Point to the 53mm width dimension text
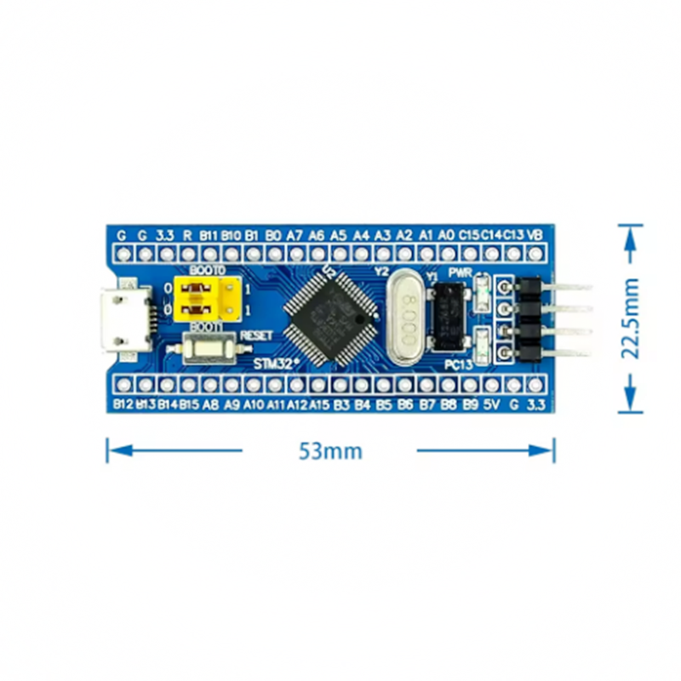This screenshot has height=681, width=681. (x=330, y=451)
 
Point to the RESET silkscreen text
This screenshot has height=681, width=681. (x=256, y=335)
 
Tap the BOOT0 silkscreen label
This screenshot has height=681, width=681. (x=208, y=270)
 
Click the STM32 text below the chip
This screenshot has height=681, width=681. (x=276, y=363)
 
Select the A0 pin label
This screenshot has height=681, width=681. (x=446, y=234)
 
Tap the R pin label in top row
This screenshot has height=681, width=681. (x=187, y=234)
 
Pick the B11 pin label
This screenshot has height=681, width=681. (x=209, y=234)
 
